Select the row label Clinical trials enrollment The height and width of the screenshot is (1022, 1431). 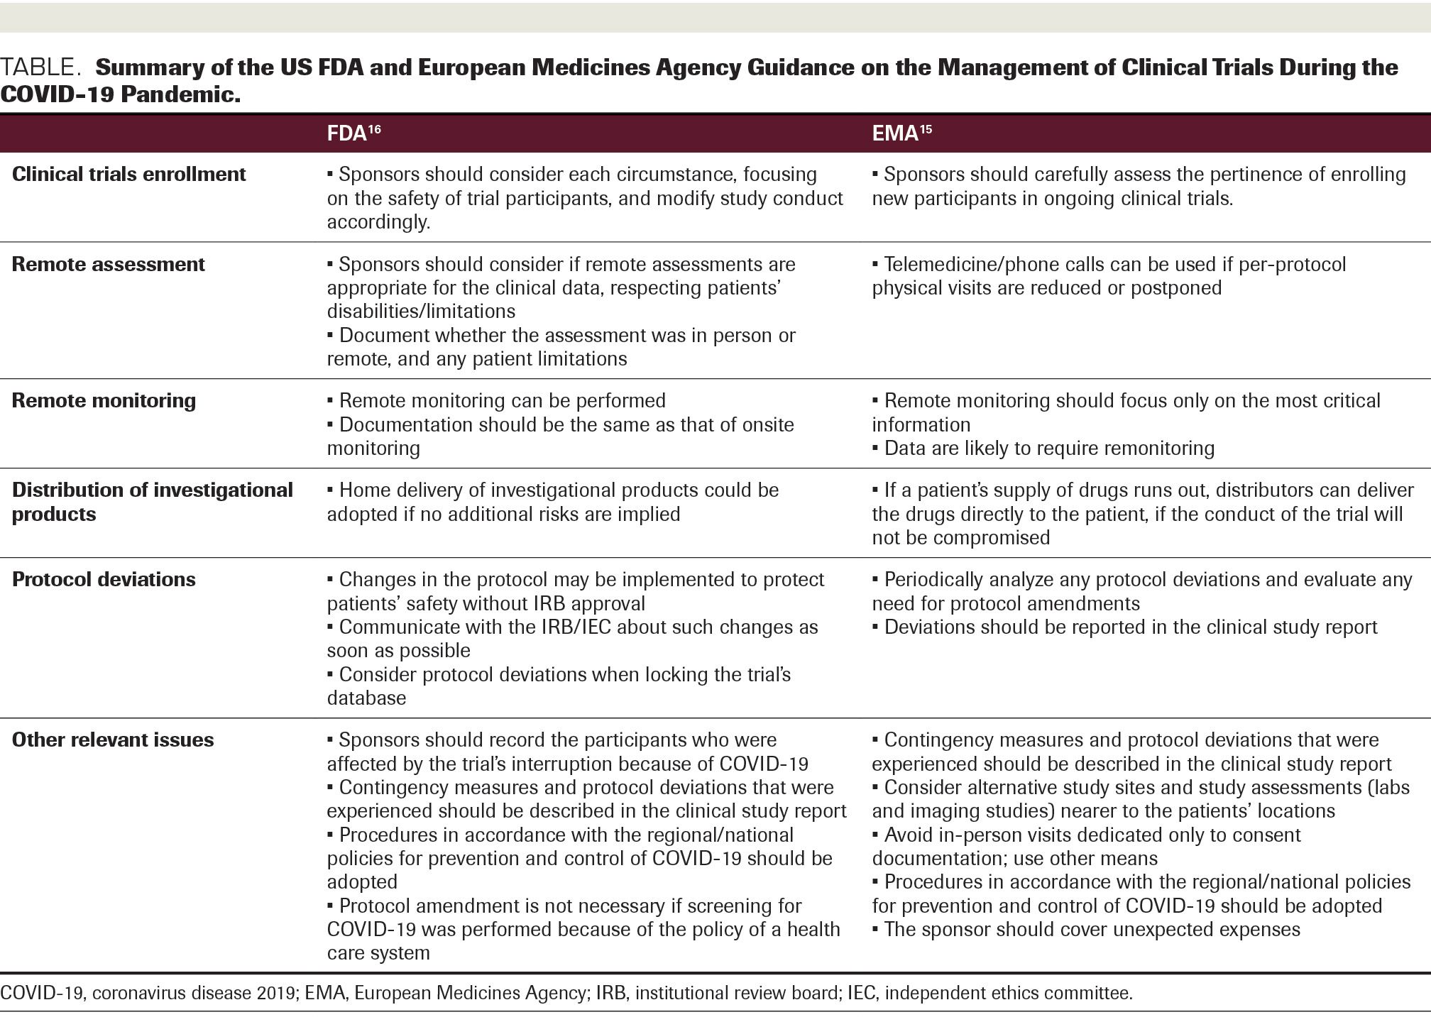click(129, 175)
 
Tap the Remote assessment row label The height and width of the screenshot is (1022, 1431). click(109, 265)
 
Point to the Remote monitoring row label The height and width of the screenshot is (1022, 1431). click(104, 401)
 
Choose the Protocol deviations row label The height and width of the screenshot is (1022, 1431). click(104, 580)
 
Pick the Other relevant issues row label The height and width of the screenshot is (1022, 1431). click(113, 740)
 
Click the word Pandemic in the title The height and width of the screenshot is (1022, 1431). click(180, 94)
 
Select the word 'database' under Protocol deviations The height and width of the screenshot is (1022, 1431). click(367, 698)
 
